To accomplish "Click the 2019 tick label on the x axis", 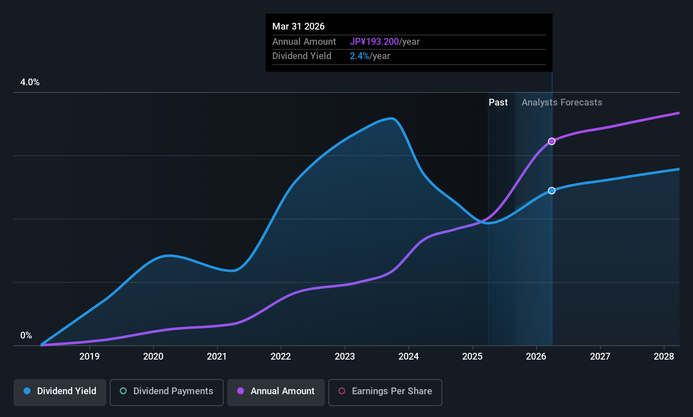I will tap(89, 357).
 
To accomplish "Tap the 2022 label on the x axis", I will tap(281, 357).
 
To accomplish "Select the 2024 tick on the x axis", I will tap(409, 357).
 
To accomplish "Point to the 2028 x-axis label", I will tap(664, 357).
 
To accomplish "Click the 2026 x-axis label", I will tap(536, 357).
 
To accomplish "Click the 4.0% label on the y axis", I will tap(30, 82).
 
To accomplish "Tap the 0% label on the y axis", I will tap(26, 336).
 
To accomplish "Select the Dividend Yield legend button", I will tap(60, 391).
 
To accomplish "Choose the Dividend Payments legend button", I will tap(167, 391).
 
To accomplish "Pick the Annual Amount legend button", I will tap(276, 391).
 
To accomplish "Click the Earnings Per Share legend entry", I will tap(385, 391).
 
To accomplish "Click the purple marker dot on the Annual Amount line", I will tap(552, 141).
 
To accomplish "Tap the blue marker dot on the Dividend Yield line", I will tap(552, 191).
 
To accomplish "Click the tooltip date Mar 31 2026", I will tap(298, 27).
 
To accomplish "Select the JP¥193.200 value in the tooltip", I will tap(374, 42).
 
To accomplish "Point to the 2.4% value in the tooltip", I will tap(360, 56).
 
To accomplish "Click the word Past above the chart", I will tap(498, 103).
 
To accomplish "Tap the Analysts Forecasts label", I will tap(562, 103).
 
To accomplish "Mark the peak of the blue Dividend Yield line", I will tap(392, 119).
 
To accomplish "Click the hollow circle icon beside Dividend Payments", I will tap(123, 391).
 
